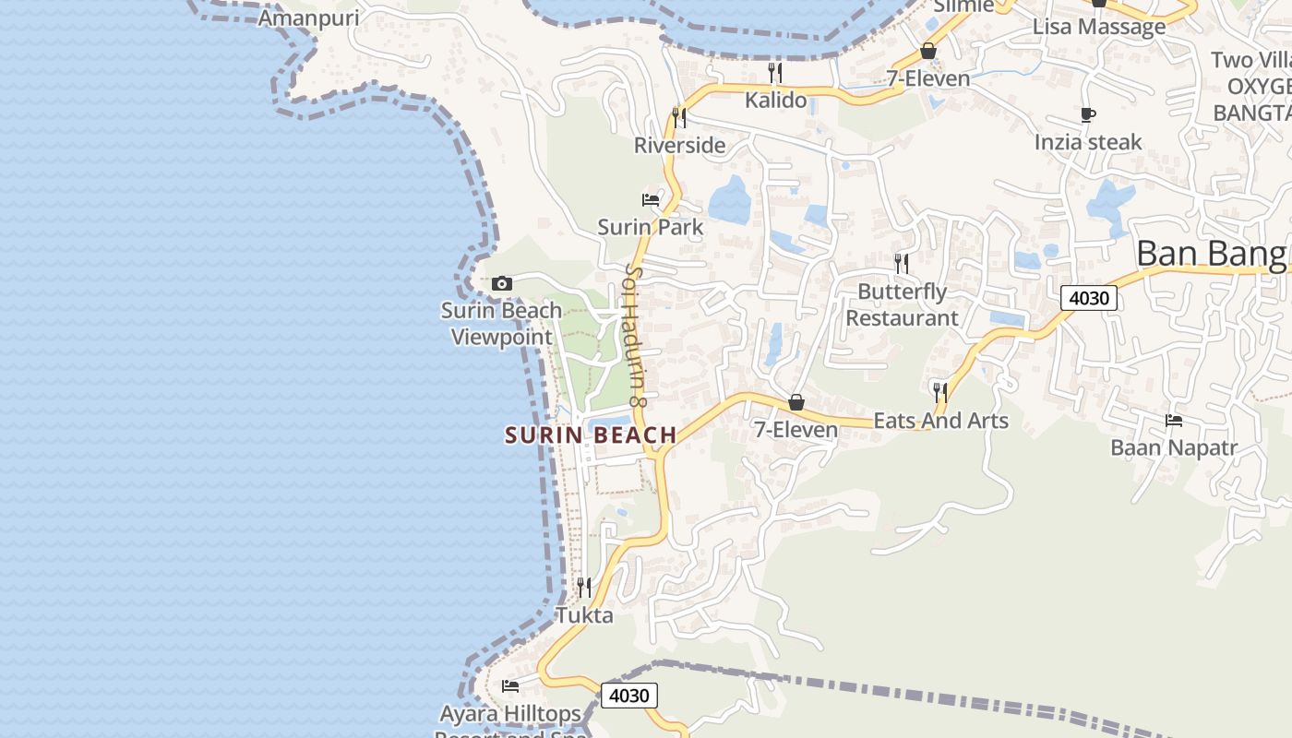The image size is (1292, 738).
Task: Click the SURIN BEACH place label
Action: coord(591,435)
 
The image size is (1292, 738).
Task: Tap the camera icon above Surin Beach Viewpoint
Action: coord(502,283)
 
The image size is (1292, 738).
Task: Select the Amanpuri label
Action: coord(308,18)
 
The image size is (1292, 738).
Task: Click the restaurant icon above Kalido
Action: coord(775,72)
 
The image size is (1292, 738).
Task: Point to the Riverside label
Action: coord(679,145)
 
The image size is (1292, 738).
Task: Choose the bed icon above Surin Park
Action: coord(651,199)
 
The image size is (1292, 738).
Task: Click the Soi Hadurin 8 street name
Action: coord(633,336)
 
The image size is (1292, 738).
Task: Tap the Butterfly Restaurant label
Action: coord(903,304)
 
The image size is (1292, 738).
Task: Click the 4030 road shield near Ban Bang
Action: coord(1089,298)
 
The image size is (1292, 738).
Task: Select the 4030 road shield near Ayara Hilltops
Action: coord(629,696)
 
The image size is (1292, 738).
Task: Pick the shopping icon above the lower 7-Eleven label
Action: coord(796,403)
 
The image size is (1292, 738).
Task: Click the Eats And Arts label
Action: coord(940,421)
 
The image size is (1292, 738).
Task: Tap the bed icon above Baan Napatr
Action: coord(1173,421)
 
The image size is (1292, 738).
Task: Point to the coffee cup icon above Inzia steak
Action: coord(1088,115)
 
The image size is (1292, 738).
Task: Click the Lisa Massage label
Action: coord(1098,27)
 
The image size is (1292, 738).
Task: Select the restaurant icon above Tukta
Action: coord(583,587)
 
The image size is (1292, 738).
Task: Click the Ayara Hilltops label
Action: coord(510,714)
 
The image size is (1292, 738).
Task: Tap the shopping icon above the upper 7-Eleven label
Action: coord(928,51)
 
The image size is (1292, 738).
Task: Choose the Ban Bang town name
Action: coord(1213,253)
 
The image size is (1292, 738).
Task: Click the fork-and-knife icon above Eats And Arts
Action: coord(939,392)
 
